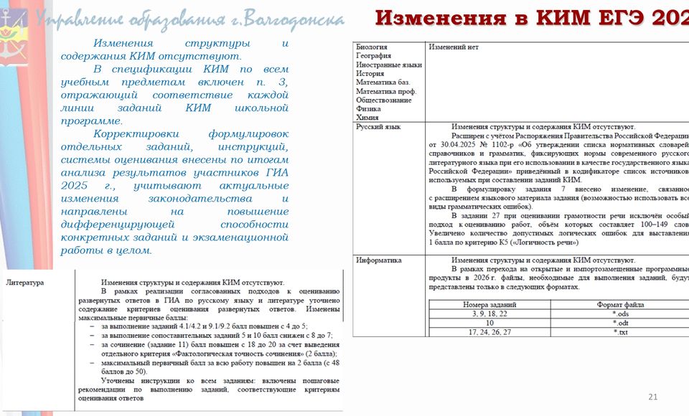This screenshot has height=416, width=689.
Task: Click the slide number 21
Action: point(652,397)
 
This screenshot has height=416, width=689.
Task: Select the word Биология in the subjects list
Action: point(372,47)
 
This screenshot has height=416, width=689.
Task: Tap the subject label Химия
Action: point(368,118)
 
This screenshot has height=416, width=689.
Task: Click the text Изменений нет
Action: point(454,47)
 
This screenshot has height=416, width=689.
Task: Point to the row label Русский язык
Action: point(378,127)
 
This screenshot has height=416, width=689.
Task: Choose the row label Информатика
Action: point(379,260)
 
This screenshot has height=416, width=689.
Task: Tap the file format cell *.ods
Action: point(622,314)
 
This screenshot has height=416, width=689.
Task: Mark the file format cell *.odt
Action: point(622,323)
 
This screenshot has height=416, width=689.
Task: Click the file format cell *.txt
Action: point(622,333)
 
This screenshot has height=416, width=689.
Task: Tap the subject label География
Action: point(373,55)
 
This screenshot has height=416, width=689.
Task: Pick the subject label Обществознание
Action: point(384,100)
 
